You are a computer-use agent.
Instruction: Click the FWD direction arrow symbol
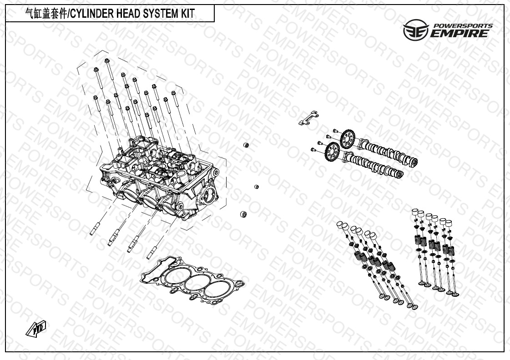tap(36, 328)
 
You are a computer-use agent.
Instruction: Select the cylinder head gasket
tap(192, 280)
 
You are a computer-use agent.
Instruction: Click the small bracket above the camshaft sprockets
tap(308, 118)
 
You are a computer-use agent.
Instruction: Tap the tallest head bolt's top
tap(106, 60)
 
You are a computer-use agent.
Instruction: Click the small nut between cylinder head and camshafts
tap(256, 187)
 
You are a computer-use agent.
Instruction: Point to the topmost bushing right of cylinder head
tap(246, 145)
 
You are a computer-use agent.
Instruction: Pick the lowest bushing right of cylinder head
tap(242, 215)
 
